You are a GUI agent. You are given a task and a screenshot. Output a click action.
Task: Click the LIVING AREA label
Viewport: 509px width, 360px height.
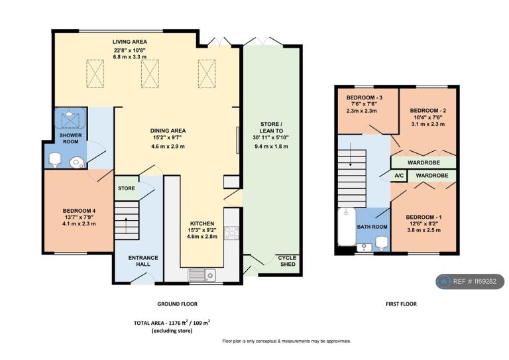tap(129, 42)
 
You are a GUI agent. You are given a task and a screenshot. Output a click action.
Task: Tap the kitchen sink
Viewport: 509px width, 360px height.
tap(201, 275)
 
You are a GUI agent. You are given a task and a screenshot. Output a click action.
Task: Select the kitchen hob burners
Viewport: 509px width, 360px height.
tap(232, 233)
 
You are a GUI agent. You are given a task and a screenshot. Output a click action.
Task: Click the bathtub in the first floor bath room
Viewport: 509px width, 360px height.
tap(347, 227)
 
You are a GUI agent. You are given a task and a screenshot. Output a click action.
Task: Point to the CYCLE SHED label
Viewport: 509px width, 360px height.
tap(288, 261)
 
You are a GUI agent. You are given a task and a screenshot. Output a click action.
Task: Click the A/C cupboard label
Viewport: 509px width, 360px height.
tap(399, 176)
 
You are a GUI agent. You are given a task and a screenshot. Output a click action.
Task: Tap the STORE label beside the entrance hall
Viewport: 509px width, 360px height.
tap(127, 188)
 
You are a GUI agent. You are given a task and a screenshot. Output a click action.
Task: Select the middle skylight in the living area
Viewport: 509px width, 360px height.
tap(150, 74)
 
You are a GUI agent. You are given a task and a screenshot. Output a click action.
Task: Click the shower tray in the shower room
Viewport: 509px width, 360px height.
tap(70, 119)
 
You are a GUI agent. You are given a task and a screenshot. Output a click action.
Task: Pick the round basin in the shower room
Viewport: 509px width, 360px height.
tap(78, 162)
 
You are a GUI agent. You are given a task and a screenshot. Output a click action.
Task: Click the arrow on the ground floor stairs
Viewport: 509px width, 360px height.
tap(126, 224)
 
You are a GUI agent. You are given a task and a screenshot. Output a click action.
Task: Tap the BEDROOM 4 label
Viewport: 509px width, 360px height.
tap(79, 211)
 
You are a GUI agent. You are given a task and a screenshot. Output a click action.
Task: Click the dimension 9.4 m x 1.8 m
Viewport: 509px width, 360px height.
tap(271, 146)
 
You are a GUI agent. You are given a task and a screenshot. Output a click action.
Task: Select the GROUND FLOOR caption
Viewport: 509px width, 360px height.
tap(177, 304)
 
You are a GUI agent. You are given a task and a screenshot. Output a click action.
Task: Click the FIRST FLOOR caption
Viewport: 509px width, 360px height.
tap(401, 304)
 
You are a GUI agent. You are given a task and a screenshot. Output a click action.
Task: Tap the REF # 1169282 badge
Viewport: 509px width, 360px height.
tap(470, 282)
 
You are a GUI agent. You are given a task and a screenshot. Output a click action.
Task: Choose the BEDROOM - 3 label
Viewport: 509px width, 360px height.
tap(364, 97)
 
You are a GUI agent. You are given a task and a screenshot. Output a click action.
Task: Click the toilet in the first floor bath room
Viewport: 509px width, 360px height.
tap(382, 243)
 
